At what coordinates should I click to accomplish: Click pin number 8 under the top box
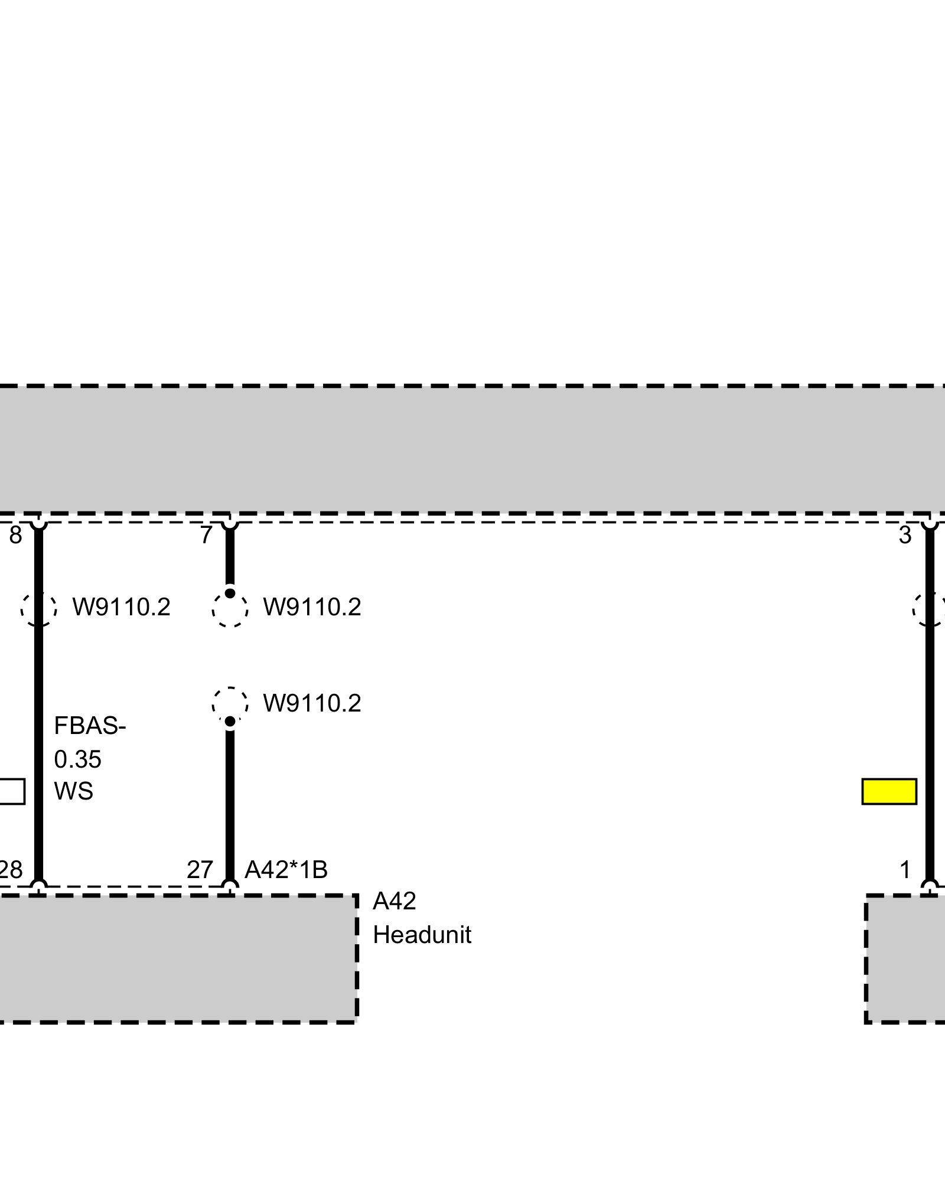pyautogui.click(x=15, y=536)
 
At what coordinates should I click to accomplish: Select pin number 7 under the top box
pyautogui.click(x=206, y=536)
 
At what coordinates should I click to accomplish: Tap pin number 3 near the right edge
pyautogui.click(x=905, y=536)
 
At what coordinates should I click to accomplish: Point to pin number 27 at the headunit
pyautogui.click(x=200, y=870)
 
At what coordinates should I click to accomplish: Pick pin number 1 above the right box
pyautogui.click(x=905, y=870)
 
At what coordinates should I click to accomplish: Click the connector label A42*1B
pyautogui.click(x=286, y=870)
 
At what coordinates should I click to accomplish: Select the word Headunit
pyautogui.click(x=422, y=935)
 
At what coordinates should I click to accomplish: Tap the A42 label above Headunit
pyautogui.click(x=394, y=902)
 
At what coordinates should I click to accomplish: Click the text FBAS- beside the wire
pyautogui.click(x=90, y=726)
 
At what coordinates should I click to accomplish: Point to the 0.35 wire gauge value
pyautogui.click(x=77, y=759)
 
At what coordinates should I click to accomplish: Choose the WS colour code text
pyautogui.click(x=73, y=791)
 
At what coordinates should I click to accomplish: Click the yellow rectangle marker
pyautogui.click(x=889, y=791)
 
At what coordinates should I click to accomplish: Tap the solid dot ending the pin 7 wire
pyautogui.click(x=230, y=593)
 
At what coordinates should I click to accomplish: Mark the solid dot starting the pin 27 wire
pyautogui.click(x=230, y=721)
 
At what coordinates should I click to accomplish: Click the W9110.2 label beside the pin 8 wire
pyautogui.click(x=121, y=607)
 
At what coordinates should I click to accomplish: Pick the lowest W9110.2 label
pyautogui.click(x=312, y=703)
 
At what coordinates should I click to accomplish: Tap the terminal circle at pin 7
pyautogui.click(x=230, y=521)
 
